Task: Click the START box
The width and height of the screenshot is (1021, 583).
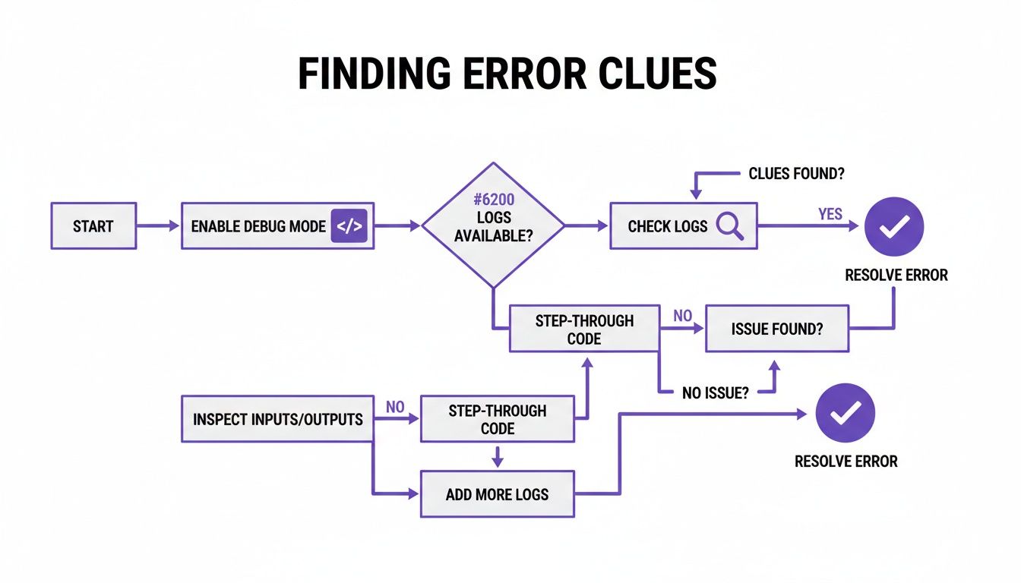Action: (x=93, y=225)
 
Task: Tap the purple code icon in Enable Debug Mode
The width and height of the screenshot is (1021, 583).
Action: (x=349, y=225)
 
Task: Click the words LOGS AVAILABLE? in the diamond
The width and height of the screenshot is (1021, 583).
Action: (x=493, y=228)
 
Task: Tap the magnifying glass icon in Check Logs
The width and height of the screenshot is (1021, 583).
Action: (x=729, y=225)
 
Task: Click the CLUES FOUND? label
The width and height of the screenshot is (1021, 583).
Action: (x=797, y=174)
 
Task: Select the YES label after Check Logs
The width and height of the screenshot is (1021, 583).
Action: (x=830, y=214)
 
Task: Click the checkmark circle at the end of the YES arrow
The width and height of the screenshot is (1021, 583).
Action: (x=894, y=226)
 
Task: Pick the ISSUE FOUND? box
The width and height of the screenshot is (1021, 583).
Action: (x=776, y=329)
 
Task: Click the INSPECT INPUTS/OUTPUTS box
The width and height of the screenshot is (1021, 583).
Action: (x=277, y=418)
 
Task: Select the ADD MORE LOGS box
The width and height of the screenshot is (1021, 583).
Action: (x=497, y=494)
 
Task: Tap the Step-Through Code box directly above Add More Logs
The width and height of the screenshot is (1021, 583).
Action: (x=497, y=419)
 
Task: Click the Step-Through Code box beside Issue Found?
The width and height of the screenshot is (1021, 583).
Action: (x=583, y=329)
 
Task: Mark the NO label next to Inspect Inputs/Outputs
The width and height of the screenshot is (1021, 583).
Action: (x=395, y=407)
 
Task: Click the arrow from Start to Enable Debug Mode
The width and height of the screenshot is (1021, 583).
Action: (x=158, y=225)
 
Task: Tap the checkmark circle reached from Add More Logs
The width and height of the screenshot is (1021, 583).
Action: (x=845, y=413)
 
